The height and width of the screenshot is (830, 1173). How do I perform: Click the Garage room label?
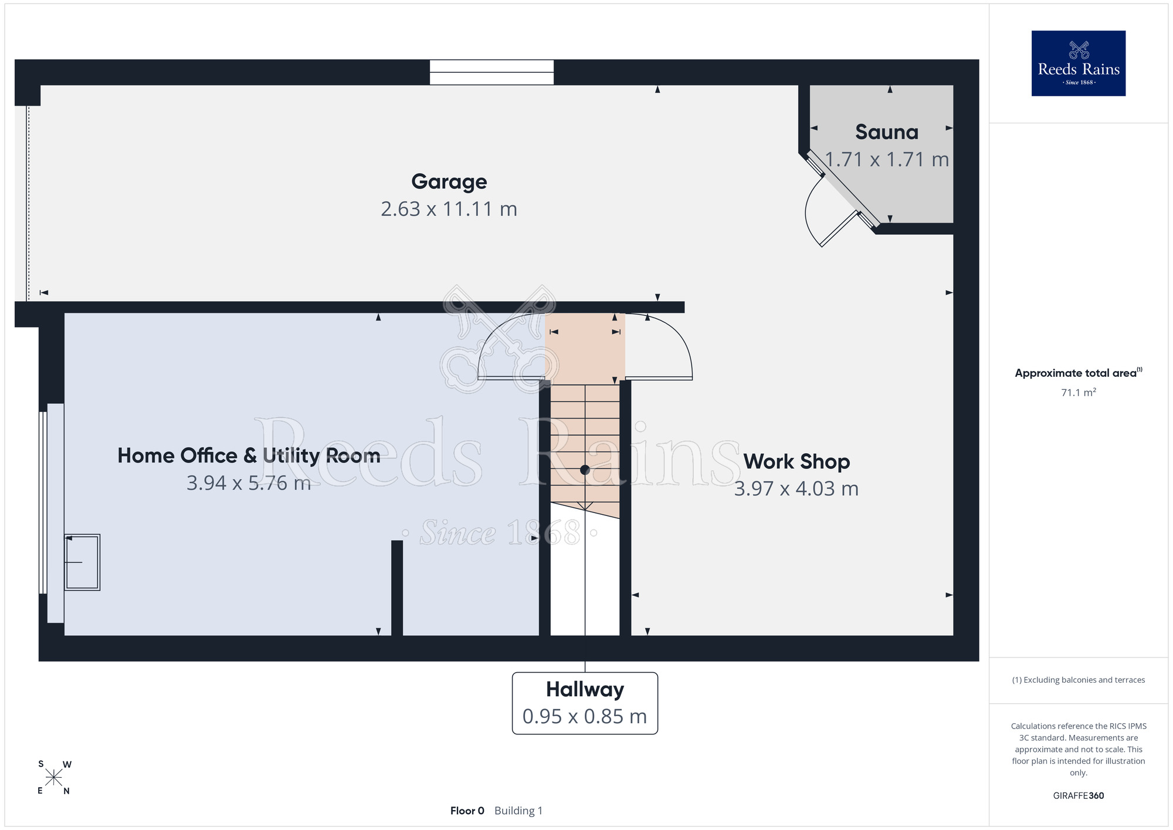tap(449, 182)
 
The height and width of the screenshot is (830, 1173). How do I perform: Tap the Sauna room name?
tap(887, 132)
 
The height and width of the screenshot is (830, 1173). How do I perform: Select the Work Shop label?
tap(796, 461)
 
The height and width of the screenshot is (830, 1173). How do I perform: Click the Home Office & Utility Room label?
tap(249, 456)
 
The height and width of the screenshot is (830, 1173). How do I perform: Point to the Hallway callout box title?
tap(585, 689)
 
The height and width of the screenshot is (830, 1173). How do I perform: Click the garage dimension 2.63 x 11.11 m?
tap(449, 209)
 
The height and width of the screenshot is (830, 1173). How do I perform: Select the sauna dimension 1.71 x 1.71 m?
tap(887, 159)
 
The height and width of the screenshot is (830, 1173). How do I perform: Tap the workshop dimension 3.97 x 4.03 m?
tap(796, 488)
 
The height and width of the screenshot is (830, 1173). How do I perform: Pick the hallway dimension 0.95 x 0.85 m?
tap(585, 716)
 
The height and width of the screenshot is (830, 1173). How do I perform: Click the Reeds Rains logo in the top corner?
tap(1079, 63)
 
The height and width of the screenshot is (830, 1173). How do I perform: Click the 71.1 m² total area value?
tap(1079, 392)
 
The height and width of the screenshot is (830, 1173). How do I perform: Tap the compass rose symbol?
tap(53, 778)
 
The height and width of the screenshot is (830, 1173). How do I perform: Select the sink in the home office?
tap(82, 562)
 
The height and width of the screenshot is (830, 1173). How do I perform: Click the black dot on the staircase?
tap(585, 470)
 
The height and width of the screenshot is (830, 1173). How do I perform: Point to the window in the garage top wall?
tap(491, 72)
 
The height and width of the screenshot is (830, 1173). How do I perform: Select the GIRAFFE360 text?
tap(1079, 796)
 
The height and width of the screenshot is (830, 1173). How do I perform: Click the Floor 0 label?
tap(467, 811)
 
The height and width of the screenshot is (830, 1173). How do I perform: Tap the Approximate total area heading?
tap(1079, 373)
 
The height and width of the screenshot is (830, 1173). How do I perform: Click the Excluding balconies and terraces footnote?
tap(1079, 680)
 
